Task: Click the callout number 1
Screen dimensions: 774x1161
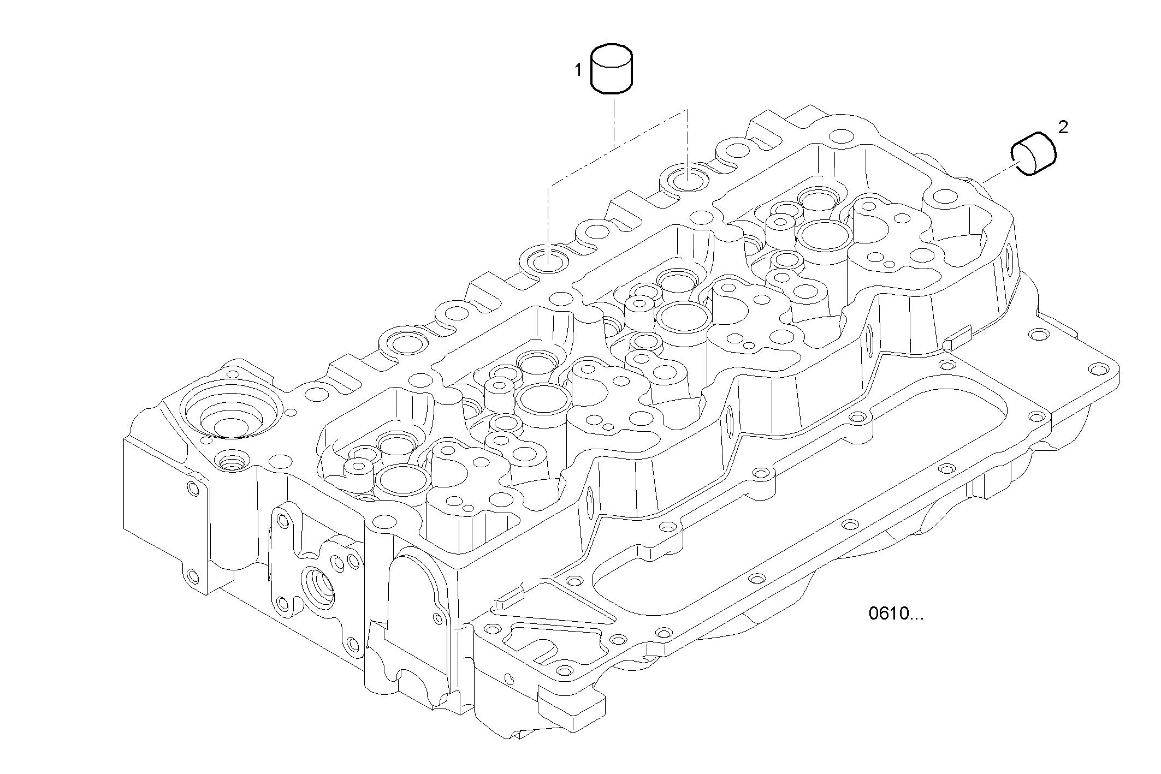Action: (x=578, y=70)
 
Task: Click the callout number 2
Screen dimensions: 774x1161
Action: (x=1063, y=127)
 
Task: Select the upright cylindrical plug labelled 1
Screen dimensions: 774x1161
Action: (x=612, y=69)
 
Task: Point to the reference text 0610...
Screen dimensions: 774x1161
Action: (x=896, y=614)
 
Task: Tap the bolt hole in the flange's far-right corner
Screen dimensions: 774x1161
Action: (x=1097, y=370)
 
